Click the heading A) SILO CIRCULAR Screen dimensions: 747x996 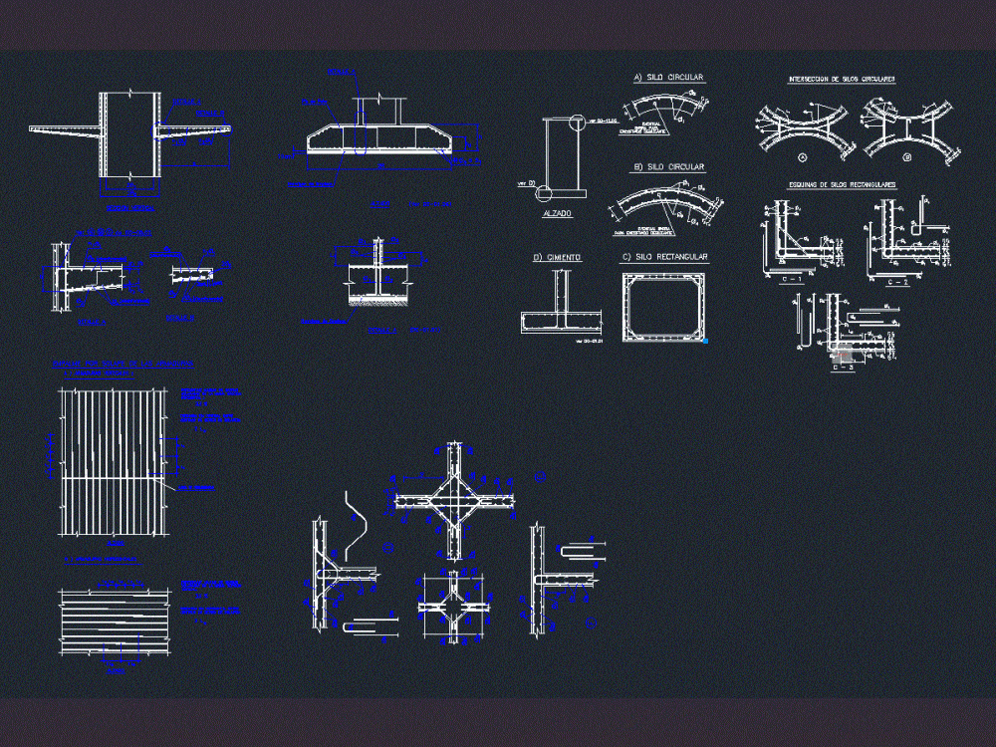pos(668,77)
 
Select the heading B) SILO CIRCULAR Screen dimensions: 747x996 pos(669,167)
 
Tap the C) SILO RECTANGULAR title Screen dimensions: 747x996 pos(664,257)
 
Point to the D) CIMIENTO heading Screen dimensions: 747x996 pos(557,257)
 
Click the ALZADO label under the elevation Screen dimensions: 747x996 pos(557,213)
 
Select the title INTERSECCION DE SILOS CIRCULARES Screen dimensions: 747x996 pos(842,78)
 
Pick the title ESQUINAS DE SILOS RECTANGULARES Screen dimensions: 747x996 pos(842,184)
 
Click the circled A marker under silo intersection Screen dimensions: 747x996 pos(802,157)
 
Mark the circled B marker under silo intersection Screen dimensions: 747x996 pos(905,157)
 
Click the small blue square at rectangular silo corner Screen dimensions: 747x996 pos(704,341)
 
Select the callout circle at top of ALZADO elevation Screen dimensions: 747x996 pos(578,123)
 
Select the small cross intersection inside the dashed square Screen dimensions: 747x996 pos(454,607)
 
